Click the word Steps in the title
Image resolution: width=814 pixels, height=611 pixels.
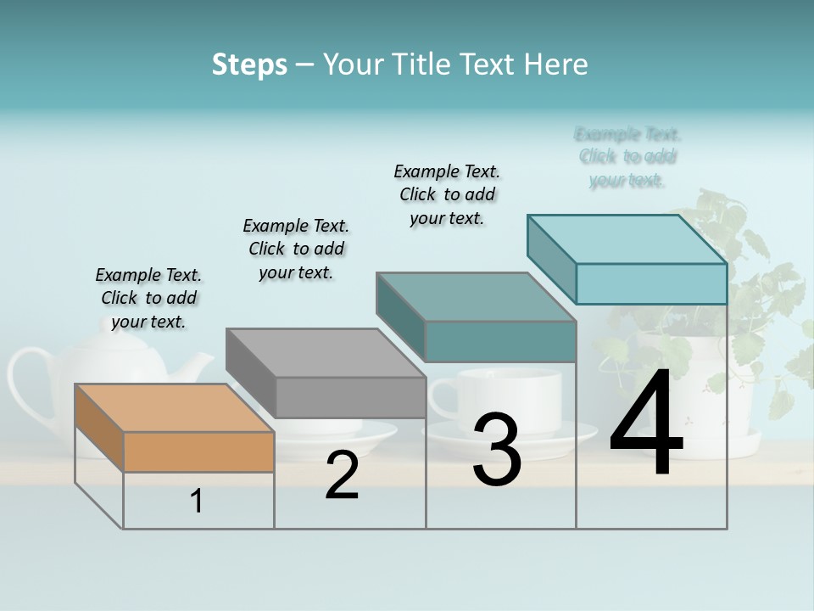click(x=249, y=64)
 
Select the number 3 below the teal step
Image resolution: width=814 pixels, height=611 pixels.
click(x=497, y=450)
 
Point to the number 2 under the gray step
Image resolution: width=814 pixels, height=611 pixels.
click(x=342, y=476)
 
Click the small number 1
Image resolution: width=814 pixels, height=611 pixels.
click(x=197, y=502)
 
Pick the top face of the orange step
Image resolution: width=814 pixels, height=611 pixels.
click(x=175, y=408)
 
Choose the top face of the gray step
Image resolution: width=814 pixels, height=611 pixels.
click(x=326, y=352)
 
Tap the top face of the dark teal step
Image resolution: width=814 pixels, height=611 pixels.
click(x=476, y=297)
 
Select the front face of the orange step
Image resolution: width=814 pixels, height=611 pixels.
click(x=198, y=451)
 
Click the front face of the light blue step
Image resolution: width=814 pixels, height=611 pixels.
click(x=651, y=283)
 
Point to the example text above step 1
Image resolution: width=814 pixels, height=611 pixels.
click(x=148, y=299)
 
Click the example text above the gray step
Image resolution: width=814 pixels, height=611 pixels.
click(x=296, y=249)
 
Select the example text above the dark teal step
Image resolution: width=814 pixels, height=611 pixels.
click(x=447, y=194)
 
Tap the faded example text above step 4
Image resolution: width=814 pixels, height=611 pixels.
click(x=627, y=157)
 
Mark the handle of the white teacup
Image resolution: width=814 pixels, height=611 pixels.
click(x=443, y=399)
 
